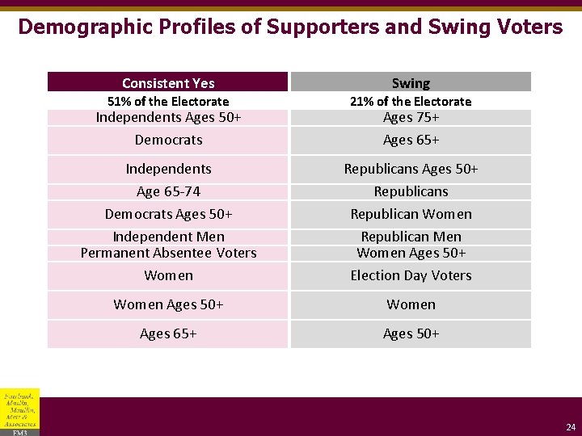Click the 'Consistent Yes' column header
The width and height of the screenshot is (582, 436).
pyautogui.click(x=168, y=83)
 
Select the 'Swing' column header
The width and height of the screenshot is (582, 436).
pyautogui.click(x=411, y=83)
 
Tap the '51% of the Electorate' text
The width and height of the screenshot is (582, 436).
pyautogui.click(x=168, y=101)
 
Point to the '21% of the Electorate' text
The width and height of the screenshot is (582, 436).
pyautogui.click(x=411, y=101)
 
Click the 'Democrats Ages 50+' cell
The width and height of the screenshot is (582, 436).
pyautogui.click(x=168, y=214)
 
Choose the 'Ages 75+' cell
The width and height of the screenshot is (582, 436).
pyautogui.click(x=411, y=117)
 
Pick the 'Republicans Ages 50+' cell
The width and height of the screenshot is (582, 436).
pyautogui.click(x=411, y=169)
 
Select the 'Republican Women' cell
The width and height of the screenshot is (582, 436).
pyautogui.click(x=411, y=214)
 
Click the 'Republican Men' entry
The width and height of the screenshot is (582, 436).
pyautogui.click(x=411, y=237)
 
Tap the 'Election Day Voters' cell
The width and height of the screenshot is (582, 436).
pyautogui.click(x=411, y=275)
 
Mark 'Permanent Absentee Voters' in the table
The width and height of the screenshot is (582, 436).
pyautogui.click(x=168, y=253)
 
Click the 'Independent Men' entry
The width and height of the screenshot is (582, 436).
pyautogui.click(x=168, y=237)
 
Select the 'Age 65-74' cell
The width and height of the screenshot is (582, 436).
pyautogui.click(x=168, y=191)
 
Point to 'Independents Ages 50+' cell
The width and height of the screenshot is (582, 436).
pyautogui.click(x=168, y=117)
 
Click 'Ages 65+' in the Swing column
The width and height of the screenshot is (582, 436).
pyautogui.click(x=411, y=140)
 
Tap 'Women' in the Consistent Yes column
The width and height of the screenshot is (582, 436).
pyautogui.click(x=168, y=275)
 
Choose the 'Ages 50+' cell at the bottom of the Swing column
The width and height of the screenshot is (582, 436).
pyautogui.click(x=411, y=333)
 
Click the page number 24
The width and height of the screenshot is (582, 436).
pyautogui.click(x=571, y=427)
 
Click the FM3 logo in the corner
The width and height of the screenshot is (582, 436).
pyautogui.click(x=19, y=413)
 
